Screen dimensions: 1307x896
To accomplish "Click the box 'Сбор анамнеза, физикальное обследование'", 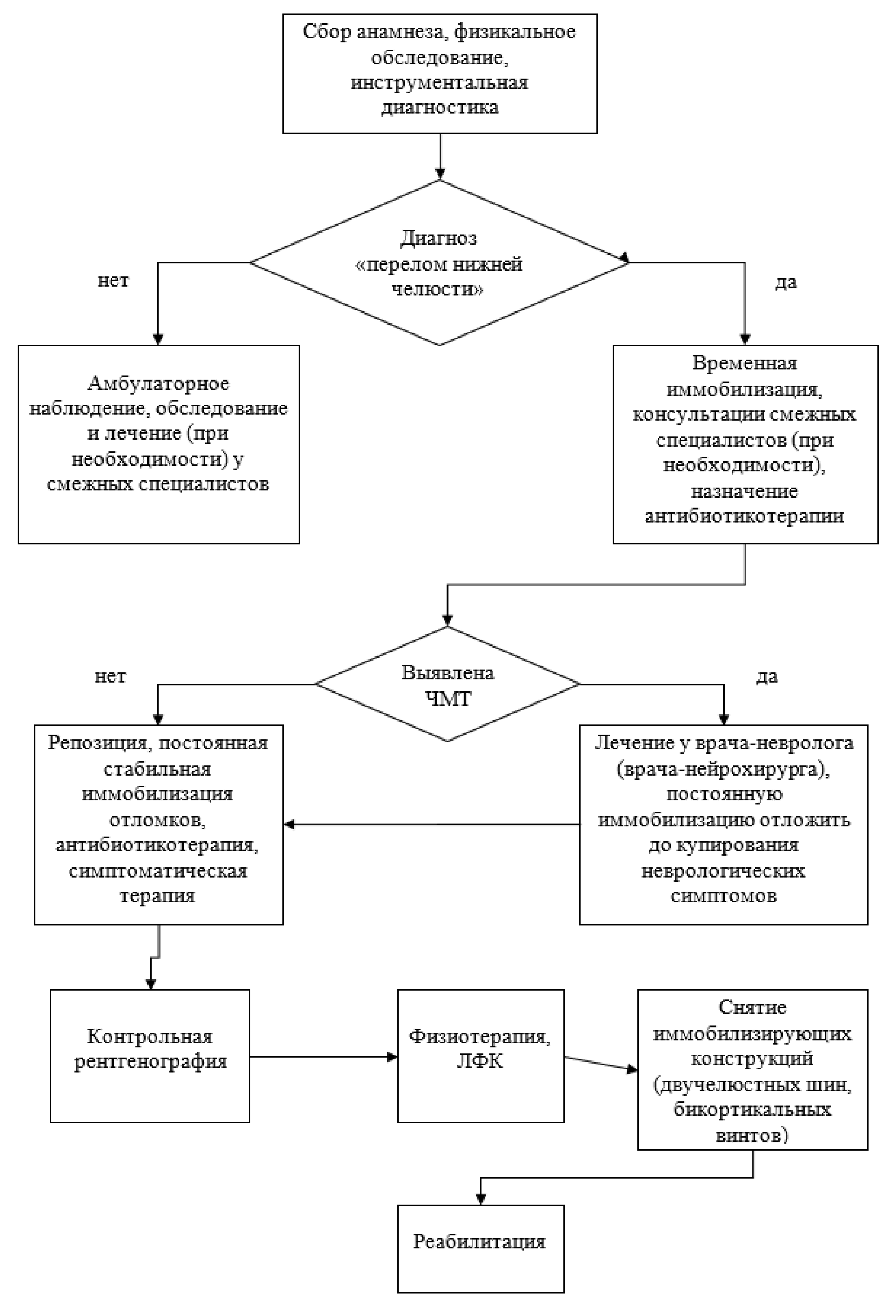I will pos(439,73).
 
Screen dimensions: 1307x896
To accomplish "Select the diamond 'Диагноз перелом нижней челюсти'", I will pos(439,262).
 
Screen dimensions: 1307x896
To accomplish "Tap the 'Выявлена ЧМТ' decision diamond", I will pos(447,684).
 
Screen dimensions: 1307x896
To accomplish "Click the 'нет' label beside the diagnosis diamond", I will pos(113,280).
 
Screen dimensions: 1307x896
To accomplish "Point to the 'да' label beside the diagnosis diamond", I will pos(786,282).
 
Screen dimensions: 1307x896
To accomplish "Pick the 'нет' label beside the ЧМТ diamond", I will pos(110,676).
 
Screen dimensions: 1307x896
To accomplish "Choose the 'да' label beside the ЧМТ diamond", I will pos(767,676).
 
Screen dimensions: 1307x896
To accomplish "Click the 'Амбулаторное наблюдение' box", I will pos(158,444).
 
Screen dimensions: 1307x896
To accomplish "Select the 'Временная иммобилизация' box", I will pos(745,444).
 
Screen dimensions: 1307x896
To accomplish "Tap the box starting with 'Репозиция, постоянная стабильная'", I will pos(158,824).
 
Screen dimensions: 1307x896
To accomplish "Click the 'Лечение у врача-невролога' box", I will pos(723,824).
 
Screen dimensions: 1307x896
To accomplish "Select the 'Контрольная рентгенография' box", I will pos(150,1056).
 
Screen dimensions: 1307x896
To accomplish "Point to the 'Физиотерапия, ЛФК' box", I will pos(481,1056).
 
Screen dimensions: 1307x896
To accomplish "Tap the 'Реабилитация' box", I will pos(481,1248).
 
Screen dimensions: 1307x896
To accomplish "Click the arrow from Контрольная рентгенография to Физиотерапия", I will pos(323,1057).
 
